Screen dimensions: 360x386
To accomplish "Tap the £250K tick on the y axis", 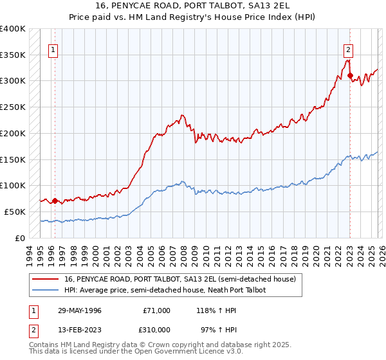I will [13, 107].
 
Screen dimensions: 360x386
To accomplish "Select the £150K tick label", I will [13, 159].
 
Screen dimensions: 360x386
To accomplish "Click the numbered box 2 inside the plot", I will [348, 49].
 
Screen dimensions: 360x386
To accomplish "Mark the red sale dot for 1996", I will [55, 201].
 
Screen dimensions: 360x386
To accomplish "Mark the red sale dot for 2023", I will [350, 76].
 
